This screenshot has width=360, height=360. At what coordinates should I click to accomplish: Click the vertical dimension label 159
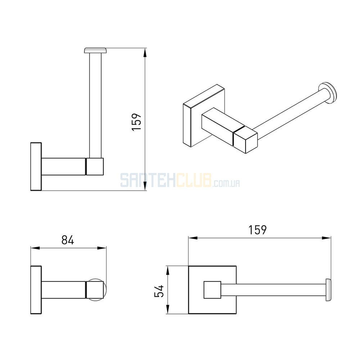(x=136, y=122)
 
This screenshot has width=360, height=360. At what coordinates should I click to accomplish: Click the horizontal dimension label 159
(x=258, y=230)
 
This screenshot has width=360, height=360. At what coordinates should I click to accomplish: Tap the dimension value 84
(x=68, y=240)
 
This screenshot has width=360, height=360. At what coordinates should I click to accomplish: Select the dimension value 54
(x=159, y=291)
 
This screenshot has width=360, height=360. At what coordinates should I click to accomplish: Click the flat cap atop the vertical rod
(x=95, y=50)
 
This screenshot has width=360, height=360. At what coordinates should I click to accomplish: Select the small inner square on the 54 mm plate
(x=212, y=290)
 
